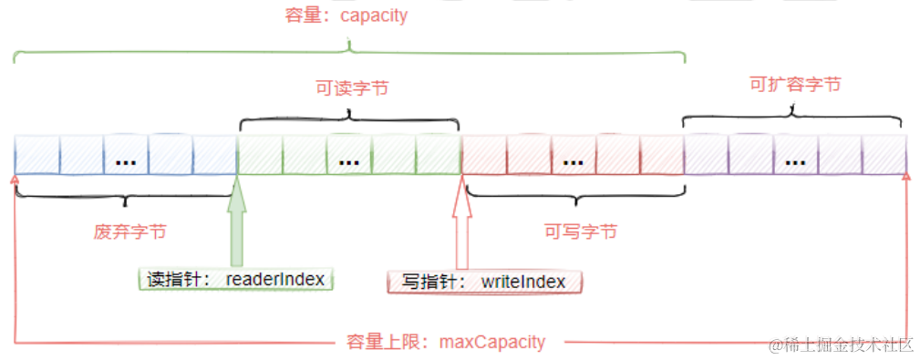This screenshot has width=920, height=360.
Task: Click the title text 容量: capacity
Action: pos(346,15)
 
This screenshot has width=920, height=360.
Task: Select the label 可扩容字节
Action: pos(794,85)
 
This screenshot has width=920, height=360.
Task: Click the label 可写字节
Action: pos(581,231)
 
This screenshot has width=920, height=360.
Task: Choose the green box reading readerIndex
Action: pos(236,279)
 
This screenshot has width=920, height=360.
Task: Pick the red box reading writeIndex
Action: pos(484,282)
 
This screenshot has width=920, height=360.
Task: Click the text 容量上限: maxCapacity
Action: pos(447,343)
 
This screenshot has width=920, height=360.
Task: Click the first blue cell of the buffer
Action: pos(36,155)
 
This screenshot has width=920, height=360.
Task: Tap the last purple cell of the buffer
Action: pos(884,155)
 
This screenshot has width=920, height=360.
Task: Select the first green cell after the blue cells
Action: pos(259,155)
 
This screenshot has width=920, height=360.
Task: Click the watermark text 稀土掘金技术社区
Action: pos(841,345)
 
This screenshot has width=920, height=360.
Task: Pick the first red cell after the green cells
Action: pos(483,155)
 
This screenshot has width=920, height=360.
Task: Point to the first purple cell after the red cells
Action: pos(706,155)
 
